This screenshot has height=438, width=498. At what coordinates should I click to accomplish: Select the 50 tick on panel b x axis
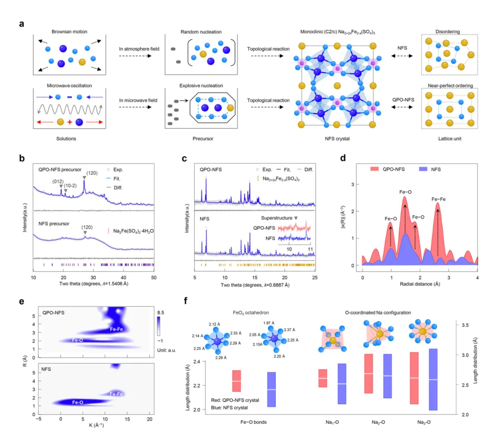[x=154, y=277]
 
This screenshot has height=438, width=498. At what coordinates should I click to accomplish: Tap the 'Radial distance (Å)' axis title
[x=420, y=284]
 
